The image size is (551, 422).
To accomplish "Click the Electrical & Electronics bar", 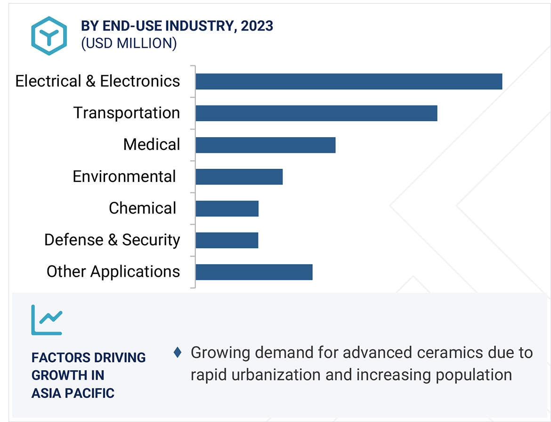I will point(348,82).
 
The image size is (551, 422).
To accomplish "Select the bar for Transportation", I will point(316,113).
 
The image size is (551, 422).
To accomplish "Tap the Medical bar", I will point(265,145).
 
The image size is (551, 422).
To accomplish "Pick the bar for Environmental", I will point(239,177).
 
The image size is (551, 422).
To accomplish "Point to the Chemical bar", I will point(227,208).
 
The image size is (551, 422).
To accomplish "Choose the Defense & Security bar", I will point(227,240).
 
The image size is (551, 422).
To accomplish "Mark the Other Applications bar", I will point(254,272).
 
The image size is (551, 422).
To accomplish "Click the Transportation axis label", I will point(126,113).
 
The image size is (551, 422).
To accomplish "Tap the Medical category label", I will point(151,145).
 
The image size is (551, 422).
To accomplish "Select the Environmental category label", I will point(124,177).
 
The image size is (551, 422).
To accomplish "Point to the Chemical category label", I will point(142,208).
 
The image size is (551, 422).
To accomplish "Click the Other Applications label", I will point(113,272).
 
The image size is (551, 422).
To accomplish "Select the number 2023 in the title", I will point(257,26).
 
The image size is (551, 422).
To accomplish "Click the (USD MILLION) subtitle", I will point(129,43).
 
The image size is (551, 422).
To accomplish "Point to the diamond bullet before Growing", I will point(178,352).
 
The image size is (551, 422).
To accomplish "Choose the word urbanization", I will point(275,374).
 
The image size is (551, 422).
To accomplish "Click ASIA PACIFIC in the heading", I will point(73,393).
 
